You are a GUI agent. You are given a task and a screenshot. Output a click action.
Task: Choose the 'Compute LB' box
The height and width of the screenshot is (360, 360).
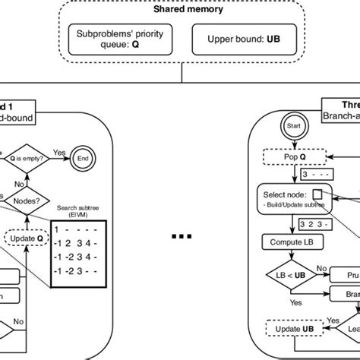[289, 242]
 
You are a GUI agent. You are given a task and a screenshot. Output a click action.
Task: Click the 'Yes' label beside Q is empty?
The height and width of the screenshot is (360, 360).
[59, 152]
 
